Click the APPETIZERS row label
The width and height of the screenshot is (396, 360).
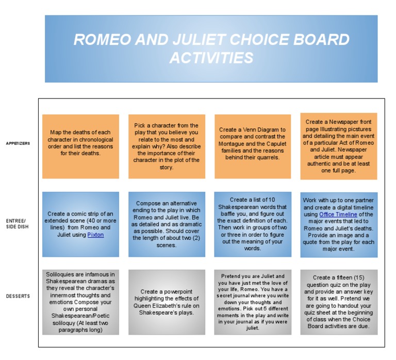coord(18,143)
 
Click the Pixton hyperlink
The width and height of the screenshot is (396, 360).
coord(95,234)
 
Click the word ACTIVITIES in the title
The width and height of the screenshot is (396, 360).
coord(211,57)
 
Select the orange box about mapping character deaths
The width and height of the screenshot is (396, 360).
coord(80,146)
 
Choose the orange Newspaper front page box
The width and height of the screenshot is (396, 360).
coord(339,146)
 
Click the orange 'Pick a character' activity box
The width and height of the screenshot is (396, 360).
coord(167,146)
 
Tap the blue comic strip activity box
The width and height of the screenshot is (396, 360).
coord(80,224)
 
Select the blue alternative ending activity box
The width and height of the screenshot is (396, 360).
coord(167,224)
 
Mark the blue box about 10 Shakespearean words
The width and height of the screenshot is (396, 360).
coord(253,224)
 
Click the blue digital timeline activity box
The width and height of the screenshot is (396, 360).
coord(339,224)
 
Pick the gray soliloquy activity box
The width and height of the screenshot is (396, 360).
coord(80,302)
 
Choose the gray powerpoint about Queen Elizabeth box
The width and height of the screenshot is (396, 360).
coord(167,302)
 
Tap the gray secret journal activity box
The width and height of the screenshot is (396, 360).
coord(253,302)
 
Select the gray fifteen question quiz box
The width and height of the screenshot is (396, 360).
coord(339,302)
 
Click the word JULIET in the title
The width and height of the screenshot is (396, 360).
coord(203,40)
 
